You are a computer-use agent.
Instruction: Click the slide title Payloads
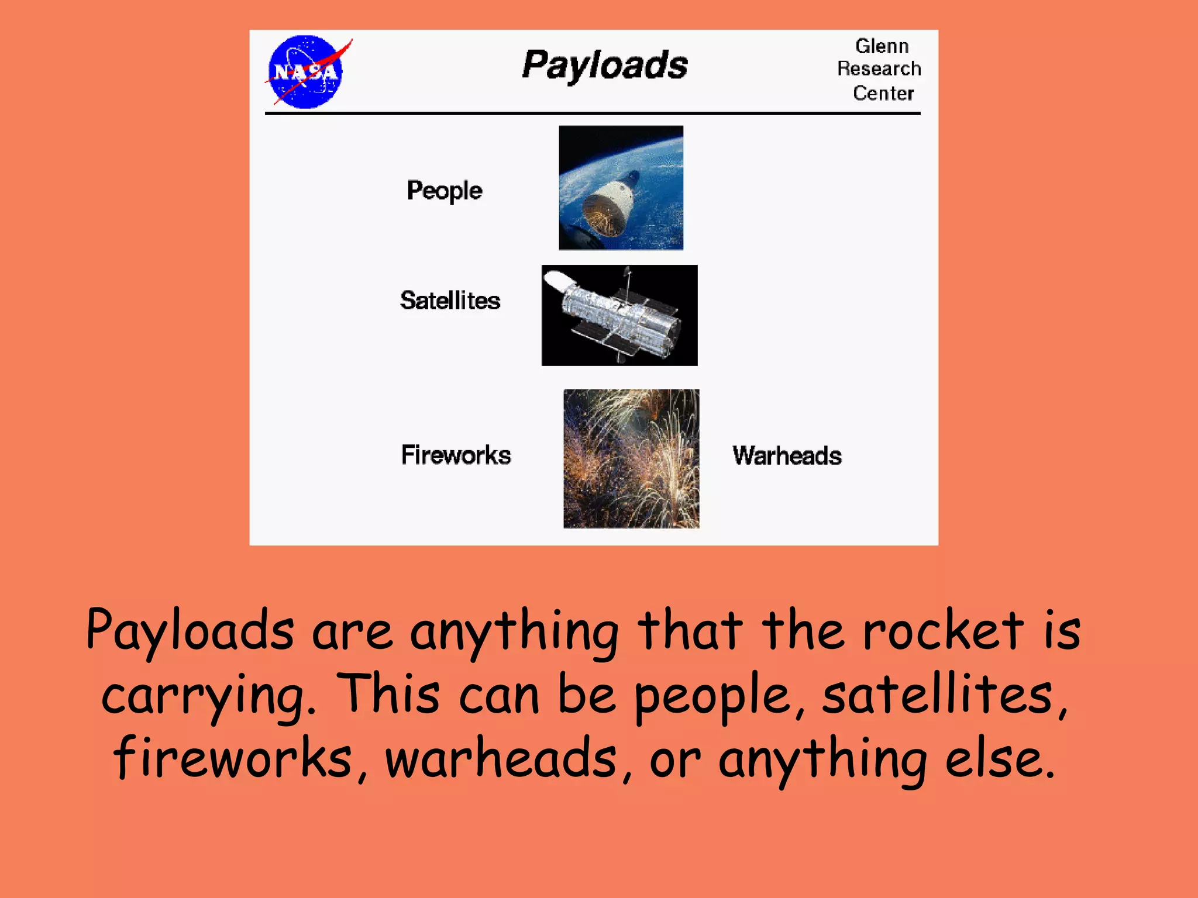click(605, 65)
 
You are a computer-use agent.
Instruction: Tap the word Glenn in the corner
click(882, 46)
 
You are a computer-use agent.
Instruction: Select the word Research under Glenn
click(879, 69)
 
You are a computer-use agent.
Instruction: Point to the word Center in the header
click(883, 93)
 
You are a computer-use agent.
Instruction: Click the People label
click(445, 191)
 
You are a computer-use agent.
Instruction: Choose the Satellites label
click(450, 301)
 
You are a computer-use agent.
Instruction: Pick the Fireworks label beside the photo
click(456, 455)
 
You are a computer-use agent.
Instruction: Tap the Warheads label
click(787, 455)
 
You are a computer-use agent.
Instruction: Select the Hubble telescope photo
click(619, 316)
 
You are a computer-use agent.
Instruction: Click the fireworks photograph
click(631, 459)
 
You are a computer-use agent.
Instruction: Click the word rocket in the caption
click(943, 631)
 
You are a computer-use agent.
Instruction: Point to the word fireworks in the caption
click(240, 758)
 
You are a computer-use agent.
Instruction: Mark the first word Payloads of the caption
click(190, 631)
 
